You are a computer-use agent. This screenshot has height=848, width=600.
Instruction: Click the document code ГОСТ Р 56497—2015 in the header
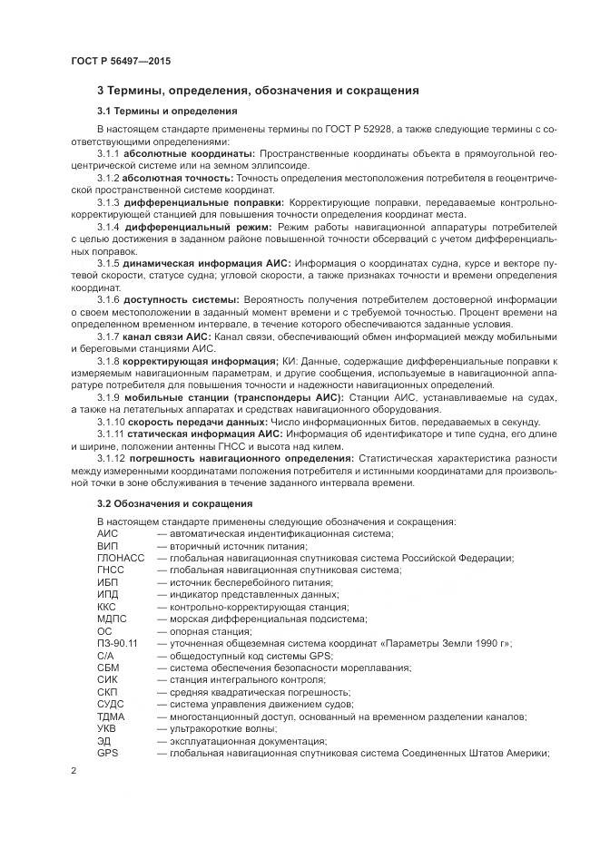pos(120,60)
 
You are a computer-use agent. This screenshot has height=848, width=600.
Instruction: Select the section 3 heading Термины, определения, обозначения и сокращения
pos(257,91)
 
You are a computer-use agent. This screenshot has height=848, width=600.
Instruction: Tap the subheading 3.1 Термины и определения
pos(154,112)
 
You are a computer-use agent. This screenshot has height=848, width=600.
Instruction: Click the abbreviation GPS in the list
pos(107,754)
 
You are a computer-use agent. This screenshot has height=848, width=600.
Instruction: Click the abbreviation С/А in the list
pos(105,656)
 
